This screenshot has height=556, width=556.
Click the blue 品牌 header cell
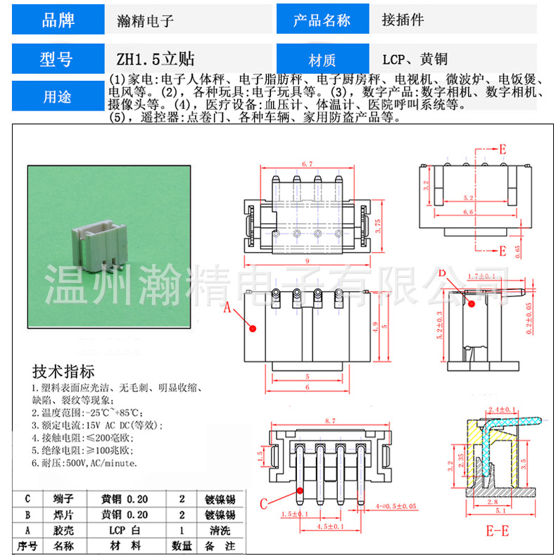[58, 20]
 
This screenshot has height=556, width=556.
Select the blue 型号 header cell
[58, 58]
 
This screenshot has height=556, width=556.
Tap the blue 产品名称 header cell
[322, 20]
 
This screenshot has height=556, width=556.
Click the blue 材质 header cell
[322, 59]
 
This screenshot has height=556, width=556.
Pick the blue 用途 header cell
[58, 96]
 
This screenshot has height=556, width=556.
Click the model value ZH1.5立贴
[156, 58]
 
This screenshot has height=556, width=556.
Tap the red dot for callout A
[251, 328]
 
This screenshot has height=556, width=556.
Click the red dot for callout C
[299, 490]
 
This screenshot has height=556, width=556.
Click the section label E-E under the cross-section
[497, 530]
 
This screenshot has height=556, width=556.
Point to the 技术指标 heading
[63, 372]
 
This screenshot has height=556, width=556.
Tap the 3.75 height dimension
[378, 225]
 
